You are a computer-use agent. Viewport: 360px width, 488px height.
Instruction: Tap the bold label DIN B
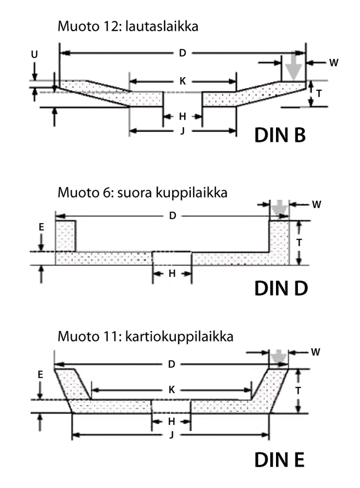pyautogui.click(x=280, y=135)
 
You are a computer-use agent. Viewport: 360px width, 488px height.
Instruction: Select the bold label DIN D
pyautogui.click(x=281, y=288)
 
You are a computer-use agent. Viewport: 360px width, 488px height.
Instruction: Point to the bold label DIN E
pyautogui.click(x=279, y=460)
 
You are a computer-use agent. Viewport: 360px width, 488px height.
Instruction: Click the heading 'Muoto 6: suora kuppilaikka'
pyautogui.click(x=142, y=193)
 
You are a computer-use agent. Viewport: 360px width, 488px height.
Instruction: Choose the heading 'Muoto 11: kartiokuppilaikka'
pyautogui.click(x=145, y=337)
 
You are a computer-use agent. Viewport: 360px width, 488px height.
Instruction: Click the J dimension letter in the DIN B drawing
pyautogui.click(x=182, y=131)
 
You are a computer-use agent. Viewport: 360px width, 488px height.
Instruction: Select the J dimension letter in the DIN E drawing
pyautogui.click(x=170, y=434)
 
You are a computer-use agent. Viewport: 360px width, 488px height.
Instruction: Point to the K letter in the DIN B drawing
pyautogui.click(x=182, y=81)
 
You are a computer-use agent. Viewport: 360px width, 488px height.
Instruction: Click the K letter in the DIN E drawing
pyautogui.click(x=170, y=390)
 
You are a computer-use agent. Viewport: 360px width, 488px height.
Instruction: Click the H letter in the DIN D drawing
pyautogui.click(x=172, y=274)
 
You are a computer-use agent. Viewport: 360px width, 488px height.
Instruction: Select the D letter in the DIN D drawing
pyautogui.click(x=172, y=216)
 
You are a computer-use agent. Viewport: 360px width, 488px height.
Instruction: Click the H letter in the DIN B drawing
pyautogui.click(x=182, y=116)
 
